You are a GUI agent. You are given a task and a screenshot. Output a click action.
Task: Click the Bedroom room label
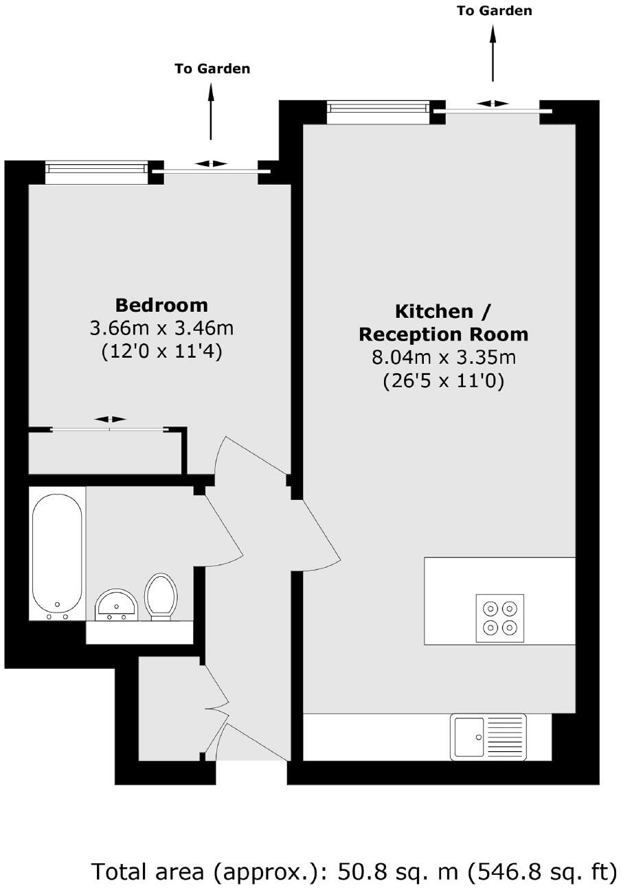pos(161,304)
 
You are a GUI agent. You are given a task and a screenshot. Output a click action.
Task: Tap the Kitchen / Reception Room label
pos(444,322)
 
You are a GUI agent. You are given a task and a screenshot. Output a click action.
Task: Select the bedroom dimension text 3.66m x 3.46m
pos(161,328)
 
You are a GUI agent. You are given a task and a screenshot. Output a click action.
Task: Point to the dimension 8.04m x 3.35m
pos(444,357)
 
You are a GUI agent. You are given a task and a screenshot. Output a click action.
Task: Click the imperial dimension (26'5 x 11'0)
pos(444,380)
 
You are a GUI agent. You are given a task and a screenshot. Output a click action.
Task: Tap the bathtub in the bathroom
pos(57,553)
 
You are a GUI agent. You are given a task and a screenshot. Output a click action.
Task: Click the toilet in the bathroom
pos(161,596)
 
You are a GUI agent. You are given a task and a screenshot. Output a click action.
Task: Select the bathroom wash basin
pos(116,605)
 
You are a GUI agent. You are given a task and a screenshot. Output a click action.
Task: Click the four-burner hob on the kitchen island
pos(499,618)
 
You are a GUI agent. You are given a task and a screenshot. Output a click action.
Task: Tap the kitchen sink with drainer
pos(488,737)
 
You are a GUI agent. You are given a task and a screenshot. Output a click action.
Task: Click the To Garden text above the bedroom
pos(212,69)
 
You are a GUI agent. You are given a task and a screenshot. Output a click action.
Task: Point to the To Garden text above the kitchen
pos(494,10)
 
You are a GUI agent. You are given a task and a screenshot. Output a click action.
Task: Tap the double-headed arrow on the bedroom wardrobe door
pos(111,419)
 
